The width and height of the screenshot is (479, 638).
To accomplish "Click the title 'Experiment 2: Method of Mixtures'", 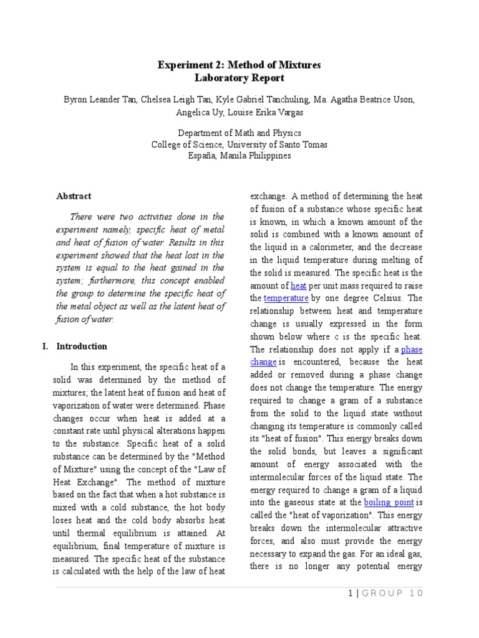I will coord(239,65).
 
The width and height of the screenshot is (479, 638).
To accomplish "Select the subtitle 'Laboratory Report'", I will coord(239,78).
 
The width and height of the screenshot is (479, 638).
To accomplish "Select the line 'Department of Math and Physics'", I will coord(239,133).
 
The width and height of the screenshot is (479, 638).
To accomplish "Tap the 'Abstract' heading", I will coord(74,196).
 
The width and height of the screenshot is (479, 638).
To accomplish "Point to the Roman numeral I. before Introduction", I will coord(46,346).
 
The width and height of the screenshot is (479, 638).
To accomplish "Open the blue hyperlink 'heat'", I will coord(299,286).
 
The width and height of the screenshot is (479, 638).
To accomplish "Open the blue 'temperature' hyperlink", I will coord(286,298).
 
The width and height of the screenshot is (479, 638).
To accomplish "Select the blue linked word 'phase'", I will coord(411,350).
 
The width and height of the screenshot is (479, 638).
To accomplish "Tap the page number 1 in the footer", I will coord(351,594).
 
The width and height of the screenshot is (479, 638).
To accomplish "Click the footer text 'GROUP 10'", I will coord(392,594).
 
